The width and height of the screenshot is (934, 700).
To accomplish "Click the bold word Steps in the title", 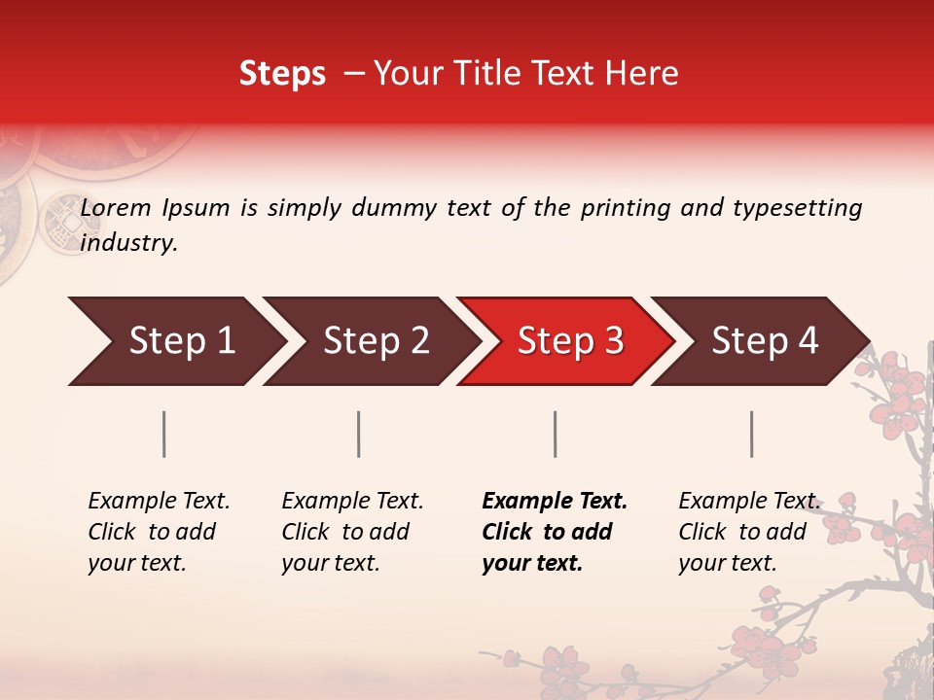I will coord(282,74).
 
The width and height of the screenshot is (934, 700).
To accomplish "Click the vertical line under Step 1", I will coord(164,434).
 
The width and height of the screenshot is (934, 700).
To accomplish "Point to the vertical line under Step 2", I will coord(359,434).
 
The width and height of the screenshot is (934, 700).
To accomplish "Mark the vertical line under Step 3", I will coord(555,434).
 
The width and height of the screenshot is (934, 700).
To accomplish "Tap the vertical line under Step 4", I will coord(751,434).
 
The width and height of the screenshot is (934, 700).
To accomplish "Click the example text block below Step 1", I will coord(159,532).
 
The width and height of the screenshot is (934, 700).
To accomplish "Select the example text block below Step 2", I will coord(352,532).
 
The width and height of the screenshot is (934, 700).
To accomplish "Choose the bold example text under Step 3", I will coord(554,532).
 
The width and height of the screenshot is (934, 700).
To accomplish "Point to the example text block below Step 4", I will coord(749,532).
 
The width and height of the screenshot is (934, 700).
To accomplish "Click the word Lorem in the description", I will coord(117,207).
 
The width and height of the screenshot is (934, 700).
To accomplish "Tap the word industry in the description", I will coord(128,243).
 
